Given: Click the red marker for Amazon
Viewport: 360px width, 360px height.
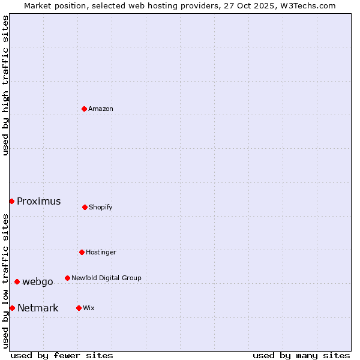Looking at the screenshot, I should pyautogui.click(x=84, y=109).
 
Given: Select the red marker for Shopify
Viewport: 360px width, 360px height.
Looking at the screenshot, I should pyautogui.click(x=85, y=207).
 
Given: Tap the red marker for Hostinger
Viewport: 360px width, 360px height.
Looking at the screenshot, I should pyautogui.click(x=82, y=252).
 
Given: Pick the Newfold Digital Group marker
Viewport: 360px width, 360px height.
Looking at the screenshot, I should pyautogui.click(x=67, y=278).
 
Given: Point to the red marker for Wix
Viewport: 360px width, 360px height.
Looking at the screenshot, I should pyautogui.click(x=79, y=308).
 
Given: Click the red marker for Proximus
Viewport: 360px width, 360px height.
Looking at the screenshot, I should pyautogui.click(x=11, y=201).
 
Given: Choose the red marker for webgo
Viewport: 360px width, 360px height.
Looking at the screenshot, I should pyautogui.click(x=17, y=281).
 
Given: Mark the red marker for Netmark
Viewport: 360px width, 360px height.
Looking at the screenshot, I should pyautogui.click(x=12, y=308).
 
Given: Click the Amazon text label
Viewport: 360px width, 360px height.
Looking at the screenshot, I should pyautogui.click(x=101, y=109).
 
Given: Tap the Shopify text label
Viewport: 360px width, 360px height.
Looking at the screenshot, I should pyautogui.click(x=101, y=208).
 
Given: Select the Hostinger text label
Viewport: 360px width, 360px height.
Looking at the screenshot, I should pyautogui.click(x=101, y=253).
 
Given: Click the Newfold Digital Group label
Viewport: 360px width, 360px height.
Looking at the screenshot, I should pyautogui.click(x=106, y=278).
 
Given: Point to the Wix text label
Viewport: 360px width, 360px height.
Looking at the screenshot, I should pyautogui.click(x=89, y=308).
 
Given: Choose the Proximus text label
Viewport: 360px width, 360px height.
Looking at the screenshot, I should pyautogui.click(x=39, y=202).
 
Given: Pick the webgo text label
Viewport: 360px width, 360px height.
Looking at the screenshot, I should pyautogui.click(x=38, y=282).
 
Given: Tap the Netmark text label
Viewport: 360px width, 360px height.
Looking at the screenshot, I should pyautogui.click(x=38, y=308).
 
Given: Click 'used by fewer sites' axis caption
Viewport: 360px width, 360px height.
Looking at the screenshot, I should pyautogui.click(x=62, y=355).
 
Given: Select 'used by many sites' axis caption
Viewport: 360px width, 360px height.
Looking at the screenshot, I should pyautogui.click(x=301, y=355).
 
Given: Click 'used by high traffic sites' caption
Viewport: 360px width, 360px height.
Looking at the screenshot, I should pyautogui.click(x=5, y=86).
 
